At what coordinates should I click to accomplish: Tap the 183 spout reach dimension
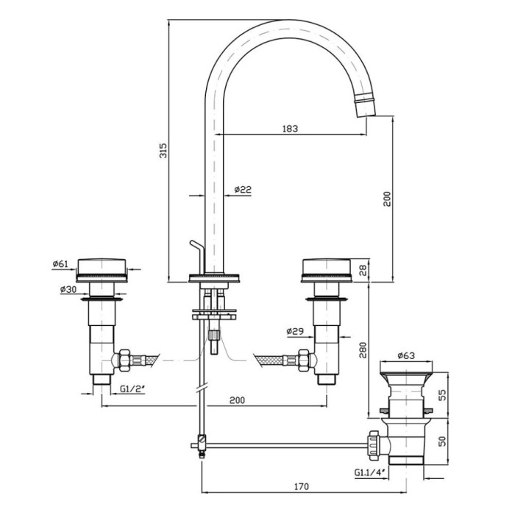(x=290, y=129)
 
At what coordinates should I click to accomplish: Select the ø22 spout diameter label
(x=243, y=190)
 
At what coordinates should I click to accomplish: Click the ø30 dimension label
(x=68, y=290)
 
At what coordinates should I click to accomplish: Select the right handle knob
(x=326, y=269)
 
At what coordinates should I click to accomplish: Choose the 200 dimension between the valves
(x=236, y=400)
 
